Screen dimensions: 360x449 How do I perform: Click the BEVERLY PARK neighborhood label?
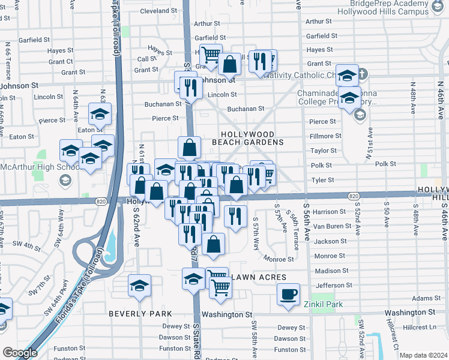(140, 314)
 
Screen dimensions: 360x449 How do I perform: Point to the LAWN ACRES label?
(256, 277)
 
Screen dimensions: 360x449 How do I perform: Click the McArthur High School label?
(37, 166)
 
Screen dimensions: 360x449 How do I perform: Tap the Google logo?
(20, 353)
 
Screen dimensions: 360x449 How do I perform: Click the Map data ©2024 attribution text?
(423, 355)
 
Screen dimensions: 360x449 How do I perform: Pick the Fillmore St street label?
(325, 136)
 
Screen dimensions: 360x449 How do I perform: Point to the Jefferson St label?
(334, 286)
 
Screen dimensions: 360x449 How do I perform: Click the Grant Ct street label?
(61, 61)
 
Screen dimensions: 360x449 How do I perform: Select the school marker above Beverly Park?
(139, 286)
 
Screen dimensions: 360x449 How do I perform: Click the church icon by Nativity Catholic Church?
(362, 76)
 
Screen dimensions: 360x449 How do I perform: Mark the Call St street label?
(147, 59)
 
